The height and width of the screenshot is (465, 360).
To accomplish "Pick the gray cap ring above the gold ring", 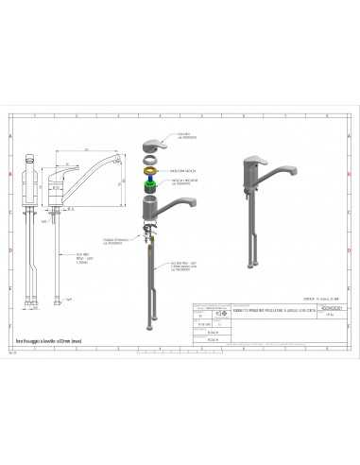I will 149,159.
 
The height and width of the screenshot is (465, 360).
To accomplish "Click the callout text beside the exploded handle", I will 183,136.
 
